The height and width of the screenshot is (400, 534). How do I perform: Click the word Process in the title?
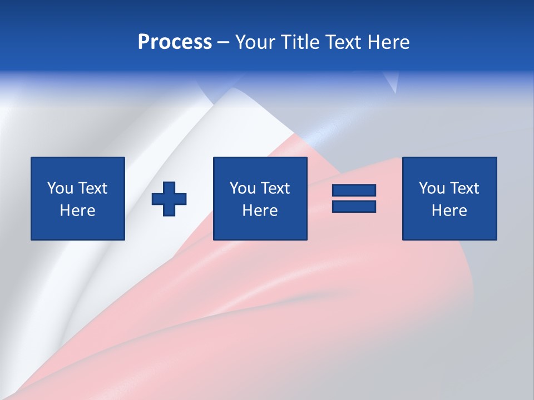tap(175, 42)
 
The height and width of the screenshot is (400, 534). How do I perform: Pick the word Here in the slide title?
tap(389, 42)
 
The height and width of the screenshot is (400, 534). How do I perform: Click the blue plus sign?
tap(169, 199)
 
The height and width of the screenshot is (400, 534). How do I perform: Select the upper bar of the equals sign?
tap(354, 191)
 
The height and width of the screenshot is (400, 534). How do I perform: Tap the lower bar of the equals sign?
tap(354, 207)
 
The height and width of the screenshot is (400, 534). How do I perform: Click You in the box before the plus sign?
tap(60, 188)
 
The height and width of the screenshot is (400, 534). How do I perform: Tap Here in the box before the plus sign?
tap(77, 211)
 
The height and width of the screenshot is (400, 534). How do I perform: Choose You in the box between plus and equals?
tap(243, 188)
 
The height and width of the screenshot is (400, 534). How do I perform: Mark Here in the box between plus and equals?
tap(260, 211)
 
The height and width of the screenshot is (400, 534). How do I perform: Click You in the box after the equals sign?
tap(432, 188)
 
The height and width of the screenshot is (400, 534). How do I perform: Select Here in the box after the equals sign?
tap(449, 211)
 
